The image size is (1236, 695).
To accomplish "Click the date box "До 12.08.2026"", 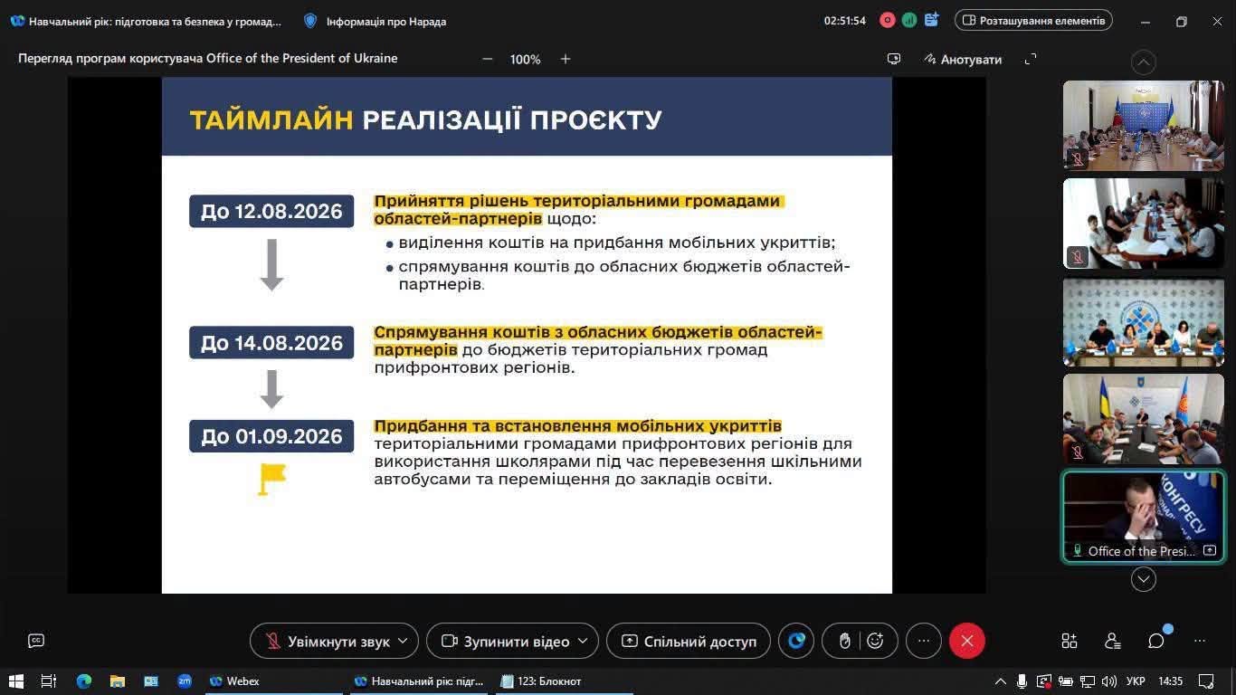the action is [x=271, y=211].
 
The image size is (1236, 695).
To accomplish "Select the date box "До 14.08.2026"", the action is [x=271, y=342].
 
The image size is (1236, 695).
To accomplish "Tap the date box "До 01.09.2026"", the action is [x=271, y=436].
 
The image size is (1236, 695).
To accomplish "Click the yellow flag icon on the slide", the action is [x=272, y=479].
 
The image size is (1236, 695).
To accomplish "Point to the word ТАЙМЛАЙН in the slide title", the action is [x=271, y=119].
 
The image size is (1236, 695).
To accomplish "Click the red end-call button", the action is [x=966, y=641].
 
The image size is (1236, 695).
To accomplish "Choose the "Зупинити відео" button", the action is [x=513, y=641].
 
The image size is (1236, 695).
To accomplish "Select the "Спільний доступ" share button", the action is [x=689, y=641].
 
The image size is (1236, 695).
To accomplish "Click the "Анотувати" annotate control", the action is [x=963, y=59].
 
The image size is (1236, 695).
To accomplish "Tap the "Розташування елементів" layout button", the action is [x=1033, y=21].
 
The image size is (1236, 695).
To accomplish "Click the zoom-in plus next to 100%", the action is [x=566, y=59].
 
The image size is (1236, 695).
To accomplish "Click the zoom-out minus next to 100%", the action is [x=487, y=59].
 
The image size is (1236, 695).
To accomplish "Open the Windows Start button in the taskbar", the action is [x=16, y=681].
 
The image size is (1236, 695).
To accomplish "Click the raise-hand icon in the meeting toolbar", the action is [x=844, y=641].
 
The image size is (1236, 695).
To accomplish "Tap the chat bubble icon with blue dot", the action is [x=1156, y=641].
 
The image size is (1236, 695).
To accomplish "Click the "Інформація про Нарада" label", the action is [x=386, y=22].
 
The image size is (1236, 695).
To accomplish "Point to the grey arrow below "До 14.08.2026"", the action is [x=271, y=389].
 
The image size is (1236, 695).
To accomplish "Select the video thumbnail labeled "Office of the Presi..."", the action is [x=1144, y=517].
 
